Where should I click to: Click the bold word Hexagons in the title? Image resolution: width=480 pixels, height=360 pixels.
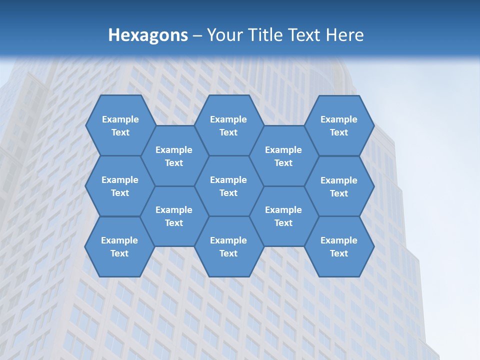pyautogui.click(x=148, y=35)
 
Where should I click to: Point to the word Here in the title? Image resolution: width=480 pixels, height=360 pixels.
pyautogui.click(x=344, y=35)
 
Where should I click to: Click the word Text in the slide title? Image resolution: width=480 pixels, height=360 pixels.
pyautogui.click(x=304, y=35)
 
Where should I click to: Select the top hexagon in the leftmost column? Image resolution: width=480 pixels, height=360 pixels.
pyautogui.click(x=120, y=125)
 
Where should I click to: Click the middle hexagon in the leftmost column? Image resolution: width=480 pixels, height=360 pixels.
pyautogui.click(x=120, y=186)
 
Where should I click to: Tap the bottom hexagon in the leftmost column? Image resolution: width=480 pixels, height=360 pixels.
pyautogui.click(x=119, y=246)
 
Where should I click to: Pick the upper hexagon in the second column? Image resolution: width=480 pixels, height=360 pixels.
pyautogui.click(x=174, y=156)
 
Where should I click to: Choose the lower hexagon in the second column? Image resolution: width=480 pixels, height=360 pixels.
pyautogui.click(x=174, y=216)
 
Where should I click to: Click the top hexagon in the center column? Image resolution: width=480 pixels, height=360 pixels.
pyautogui.click(x=228, y=125)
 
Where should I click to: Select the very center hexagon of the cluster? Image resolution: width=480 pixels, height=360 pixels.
pyautogui.click(x=228, y=186)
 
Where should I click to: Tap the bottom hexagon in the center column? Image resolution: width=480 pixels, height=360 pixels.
pyautogui.click(x=228, y=246)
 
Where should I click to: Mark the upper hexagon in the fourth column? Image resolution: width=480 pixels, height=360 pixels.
pyautogui.click(x=283, y=156)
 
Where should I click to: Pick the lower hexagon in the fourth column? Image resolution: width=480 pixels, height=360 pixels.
pyautogui.click(x=283, y=216)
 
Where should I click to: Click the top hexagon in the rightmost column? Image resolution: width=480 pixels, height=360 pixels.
pyautogui.click(x=339, y=125)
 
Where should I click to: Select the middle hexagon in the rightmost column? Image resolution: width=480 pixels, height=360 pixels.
pyautogui.click(x=339, y=186)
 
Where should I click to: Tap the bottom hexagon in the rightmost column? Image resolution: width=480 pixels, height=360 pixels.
pyautogui.click(x=339, y=246)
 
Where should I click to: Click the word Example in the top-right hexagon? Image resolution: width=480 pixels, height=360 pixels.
pyautogui.click(x=339, y=119)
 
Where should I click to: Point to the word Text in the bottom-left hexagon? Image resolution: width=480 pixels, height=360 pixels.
pyautogui.click(x=119, y=253)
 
